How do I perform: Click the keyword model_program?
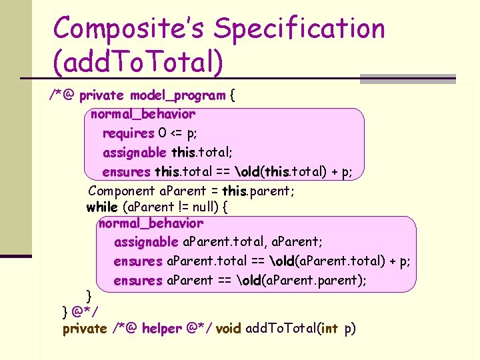pyautogui.click(x=178, y=95)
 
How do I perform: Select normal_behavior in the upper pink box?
pyautogui.click(x=143, y=114)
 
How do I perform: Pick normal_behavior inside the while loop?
pyautogui.click(x=151, y=223)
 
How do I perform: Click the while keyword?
pyautogui.click(x=101, y=207)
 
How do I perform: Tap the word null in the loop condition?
pyautogui.click(x=200, y=207)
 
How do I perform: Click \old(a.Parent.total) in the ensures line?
pyautogui.click(x=320, y=261)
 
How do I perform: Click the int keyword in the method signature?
pyautogui.click(x=330, y=328)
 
